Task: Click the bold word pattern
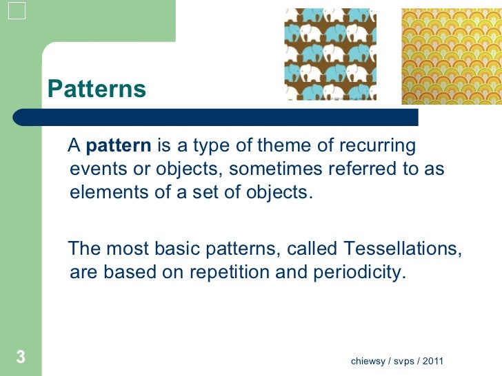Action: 119,146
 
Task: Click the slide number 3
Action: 21,357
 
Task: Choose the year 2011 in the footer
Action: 434,362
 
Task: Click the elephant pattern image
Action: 330,54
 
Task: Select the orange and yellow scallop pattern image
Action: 451,56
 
